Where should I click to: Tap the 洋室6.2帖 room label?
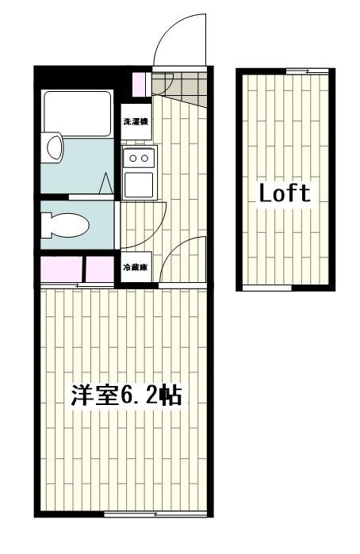pyautogui.click(x=127, y=395)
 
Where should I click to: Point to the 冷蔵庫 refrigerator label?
pyautogui.click(x=135, y=268)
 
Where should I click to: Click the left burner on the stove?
pyautogui.click(x=133, y=158)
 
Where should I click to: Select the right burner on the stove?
pyautogui.click(x=145, y=158)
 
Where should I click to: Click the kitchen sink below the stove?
pyautogui.click(x=140, y=183)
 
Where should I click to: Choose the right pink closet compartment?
pyautogui.click(x=100, y=269)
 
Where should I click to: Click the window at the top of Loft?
pyautogui.click(x=297, y=71)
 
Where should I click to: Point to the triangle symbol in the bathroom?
pyautogui.click(x=107, y=184)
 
